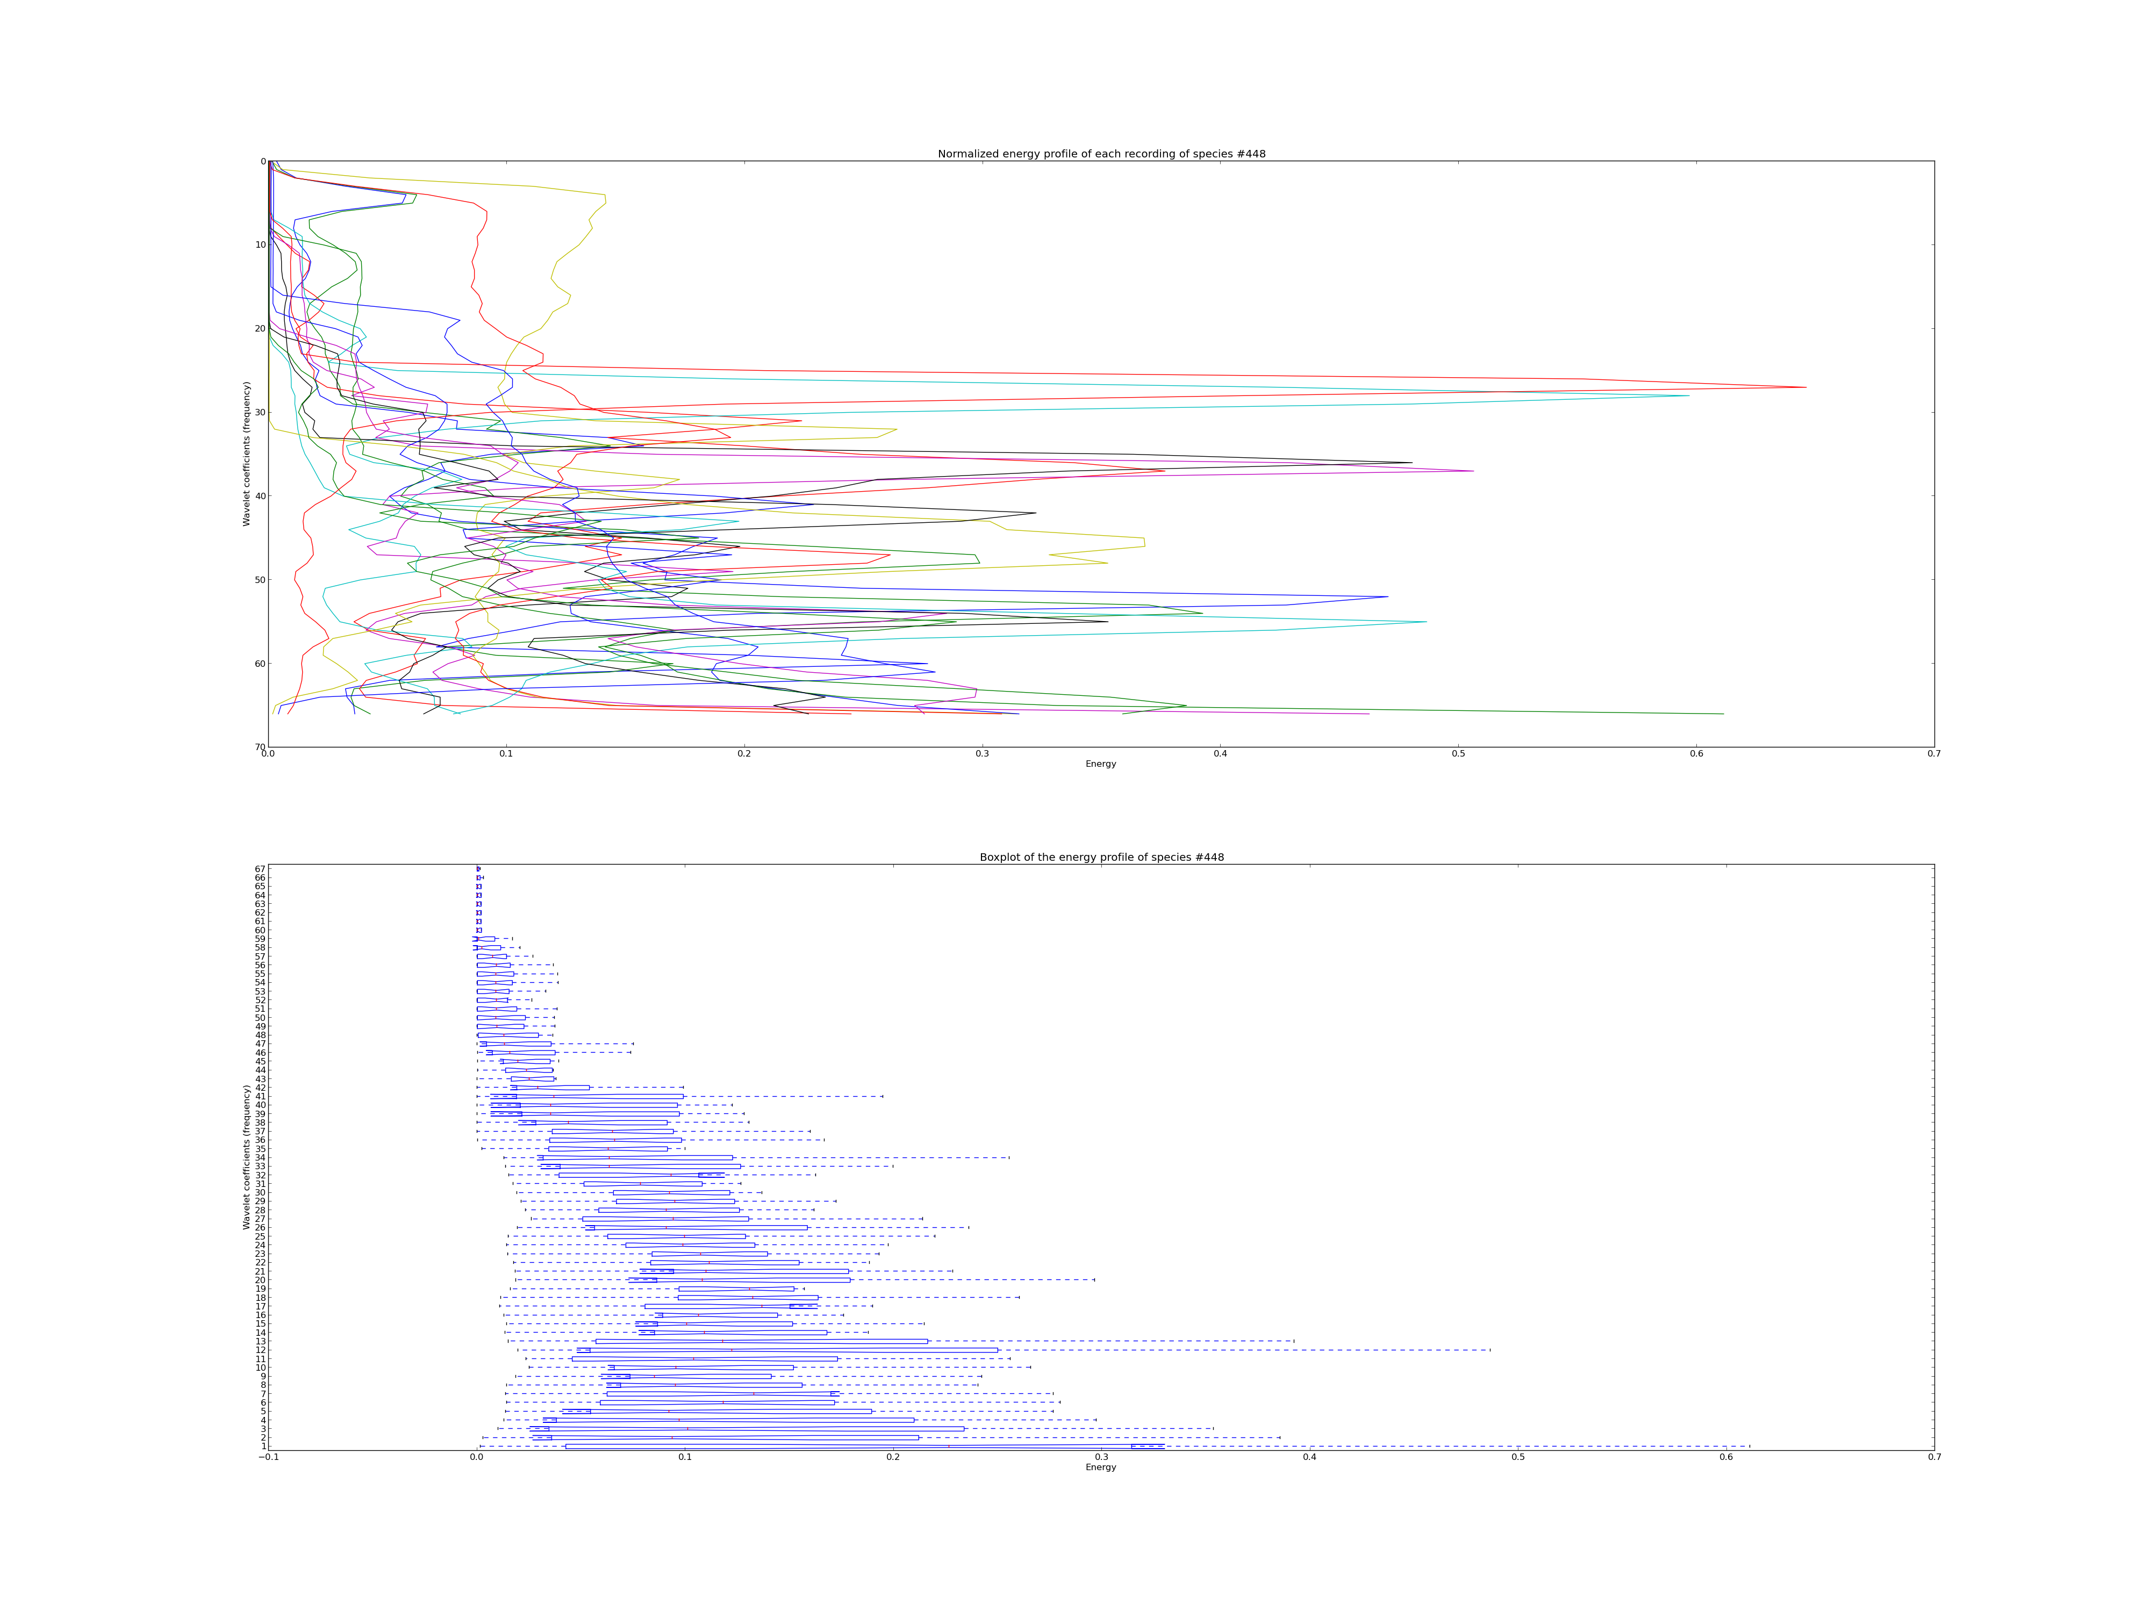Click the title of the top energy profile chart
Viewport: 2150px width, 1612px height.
click(1101, 154)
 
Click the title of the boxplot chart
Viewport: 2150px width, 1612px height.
click(1101, 857)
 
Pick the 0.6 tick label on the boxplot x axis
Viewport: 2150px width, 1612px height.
click(1726, 1457)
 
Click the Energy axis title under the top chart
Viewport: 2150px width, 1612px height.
click(1101, 764)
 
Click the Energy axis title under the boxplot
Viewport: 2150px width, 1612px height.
click(1101, 1467)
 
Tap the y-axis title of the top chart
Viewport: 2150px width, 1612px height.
click(247, 454)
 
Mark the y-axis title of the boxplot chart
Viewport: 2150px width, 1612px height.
click(247, 1157)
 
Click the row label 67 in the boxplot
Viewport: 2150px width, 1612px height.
click(261, 869)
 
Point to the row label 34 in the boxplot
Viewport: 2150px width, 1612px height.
click(261, 1157)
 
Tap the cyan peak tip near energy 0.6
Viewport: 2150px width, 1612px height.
click(1689, 395)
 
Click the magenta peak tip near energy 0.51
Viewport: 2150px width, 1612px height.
click(1473, 471)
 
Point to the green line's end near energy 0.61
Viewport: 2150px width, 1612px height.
click(1723, 714)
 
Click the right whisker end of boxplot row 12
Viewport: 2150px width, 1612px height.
click(1490, 1350)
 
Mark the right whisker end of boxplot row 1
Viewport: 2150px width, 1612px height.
click(1750, 1446)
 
